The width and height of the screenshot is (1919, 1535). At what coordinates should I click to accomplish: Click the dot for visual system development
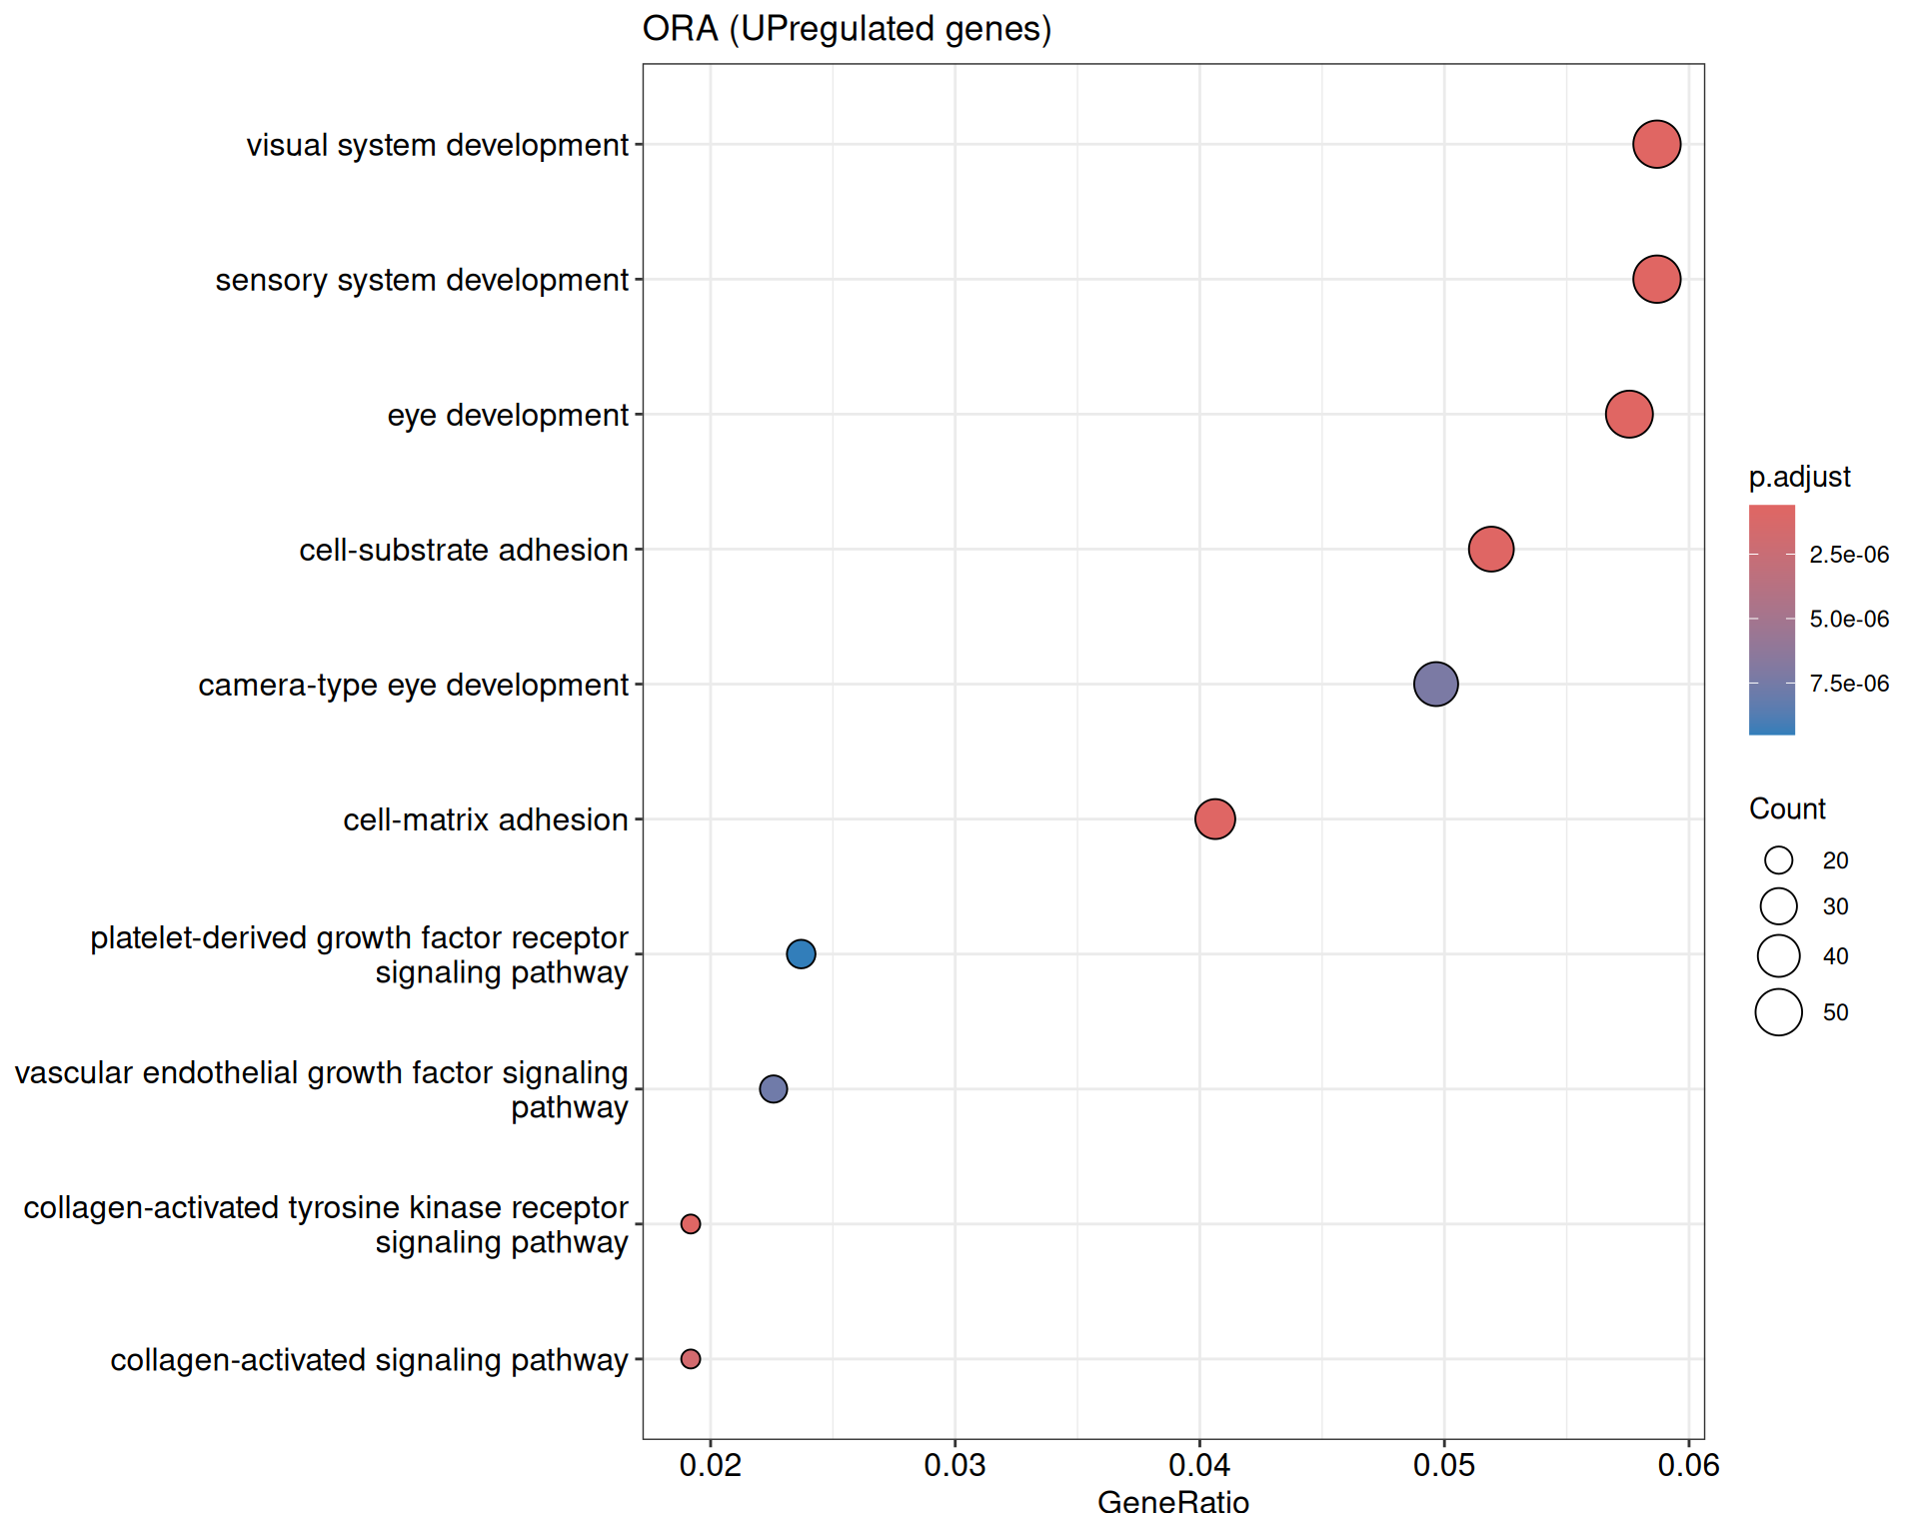1656,144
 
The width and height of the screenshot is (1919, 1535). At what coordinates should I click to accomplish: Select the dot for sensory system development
1656,279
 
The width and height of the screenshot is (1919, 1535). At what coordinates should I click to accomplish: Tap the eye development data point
1628,414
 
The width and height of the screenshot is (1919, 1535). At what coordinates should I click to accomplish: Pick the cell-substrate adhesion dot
1490,549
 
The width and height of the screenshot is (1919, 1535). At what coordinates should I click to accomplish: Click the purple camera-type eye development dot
1435,684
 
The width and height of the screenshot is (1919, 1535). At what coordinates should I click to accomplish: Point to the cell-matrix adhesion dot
1214,818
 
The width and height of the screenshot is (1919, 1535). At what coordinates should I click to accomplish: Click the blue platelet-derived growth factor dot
801,953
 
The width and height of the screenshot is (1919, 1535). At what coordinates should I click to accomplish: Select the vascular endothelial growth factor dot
773,1088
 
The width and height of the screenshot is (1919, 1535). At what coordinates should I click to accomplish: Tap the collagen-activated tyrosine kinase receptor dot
690,1223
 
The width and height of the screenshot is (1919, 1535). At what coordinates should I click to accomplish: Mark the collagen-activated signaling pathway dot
690,1358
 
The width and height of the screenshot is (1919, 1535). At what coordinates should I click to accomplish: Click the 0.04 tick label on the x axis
1198,1465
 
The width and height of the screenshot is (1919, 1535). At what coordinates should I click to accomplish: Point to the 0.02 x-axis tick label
710,1465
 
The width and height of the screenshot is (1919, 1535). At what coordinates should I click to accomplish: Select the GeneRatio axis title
1172,1502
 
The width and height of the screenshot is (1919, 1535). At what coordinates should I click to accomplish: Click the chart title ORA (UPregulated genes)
847,29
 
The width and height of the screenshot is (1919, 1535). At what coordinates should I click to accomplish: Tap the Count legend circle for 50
1778,1011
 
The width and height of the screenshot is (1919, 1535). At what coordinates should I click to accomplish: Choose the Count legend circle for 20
1778,859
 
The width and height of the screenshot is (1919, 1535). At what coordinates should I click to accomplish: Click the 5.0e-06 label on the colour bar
1849,619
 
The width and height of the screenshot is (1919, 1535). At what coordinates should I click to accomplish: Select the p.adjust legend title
1799,477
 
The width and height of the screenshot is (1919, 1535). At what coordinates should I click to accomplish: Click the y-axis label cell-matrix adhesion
485,819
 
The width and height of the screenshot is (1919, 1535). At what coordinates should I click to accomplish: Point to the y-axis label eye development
507,415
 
